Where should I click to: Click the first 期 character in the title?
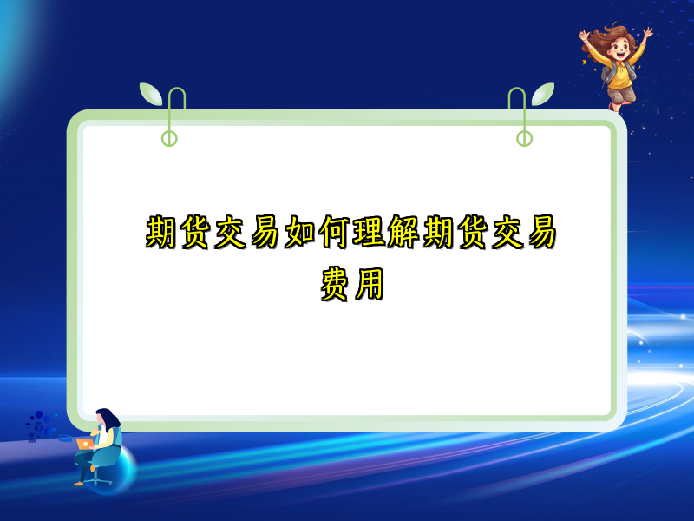[x=162, y=233]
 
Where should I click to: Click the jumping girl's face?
[x=618, y=48]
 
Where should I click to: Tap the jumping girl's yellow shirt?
[x=621, y=74]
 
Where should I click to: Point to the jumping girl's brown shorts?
[x=622, y=93]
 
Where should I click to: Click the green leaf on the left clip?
[x=151, y=93]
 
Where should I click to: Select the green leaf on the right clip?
[x=543, y=93]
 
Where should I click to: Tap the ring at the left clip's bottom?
[x=169, y=138]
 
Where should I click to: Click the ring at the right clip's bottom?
[x=524, y=138]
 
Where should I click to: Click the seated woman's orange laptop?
[x=85, y=443]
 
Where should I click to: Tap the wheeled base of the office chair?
[x=98, y=479]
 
